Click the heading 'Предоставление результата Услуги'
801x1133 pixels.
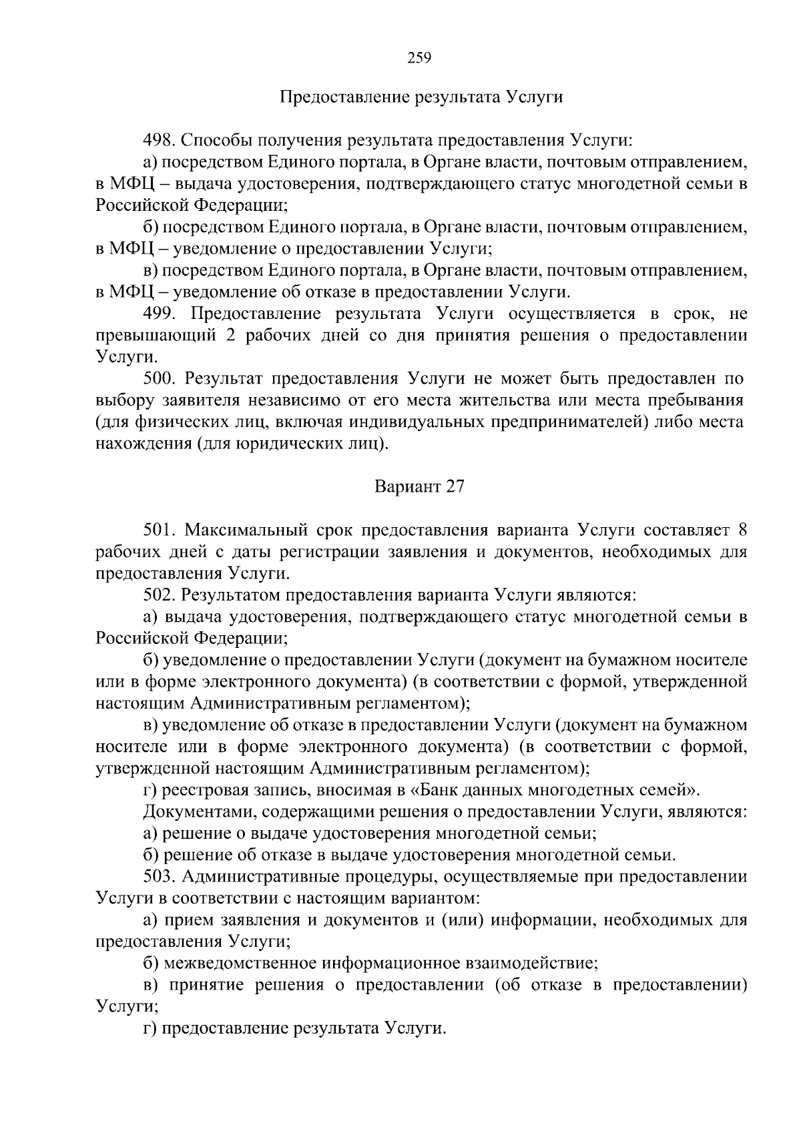[421, 97]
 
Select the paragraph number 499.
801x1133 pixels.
[160, 314]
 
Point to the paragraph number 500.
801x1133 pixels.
[160, 379]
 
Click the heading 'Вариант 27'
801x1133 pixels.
[419, 486]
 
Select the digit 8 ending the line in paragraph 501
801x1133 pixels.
[742, 531]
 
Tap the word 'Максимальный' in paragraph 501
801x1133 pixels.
[245, 531]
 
